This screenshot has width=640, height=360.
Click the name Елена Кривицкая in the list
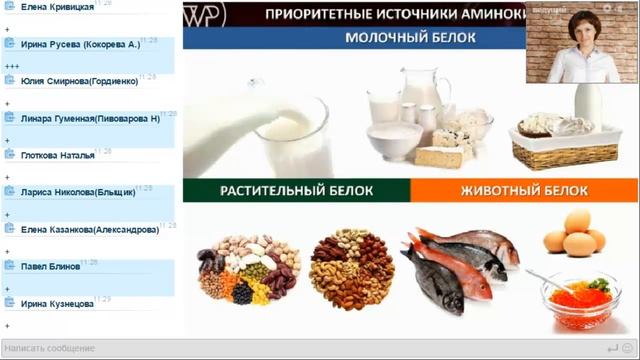click(57, 7)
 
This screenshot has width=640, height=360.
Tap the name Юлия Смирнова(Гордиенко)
click(81, 81)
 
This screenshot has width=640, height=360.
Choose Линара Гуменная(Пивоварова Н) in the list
click(89, 118)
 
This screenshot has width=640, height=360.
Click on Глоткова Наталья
click(57, 155)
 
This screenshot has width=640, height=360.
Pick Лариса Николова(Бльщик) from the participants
click(79, 192)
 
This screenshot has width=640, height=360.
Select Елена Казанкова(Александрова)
click(89, 229)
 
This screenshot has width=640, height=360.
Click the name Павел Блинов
click(52, 266)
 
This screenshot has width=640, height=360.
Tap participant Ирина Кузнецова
click(57, 303)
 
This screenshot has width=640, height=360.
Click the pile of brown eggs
click(574, 235)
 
